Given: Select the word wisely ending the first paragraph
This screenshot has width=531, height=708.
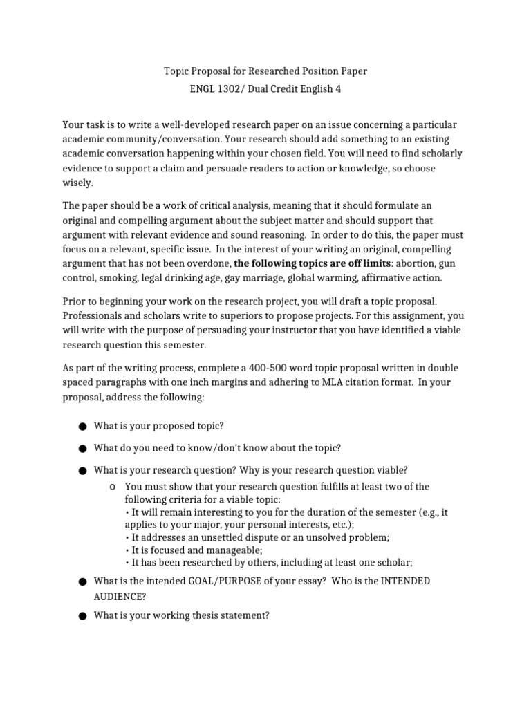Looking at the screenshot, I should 77,183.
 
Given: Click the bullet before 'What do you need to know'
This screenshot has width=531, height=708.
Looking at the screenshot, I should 82,449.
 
